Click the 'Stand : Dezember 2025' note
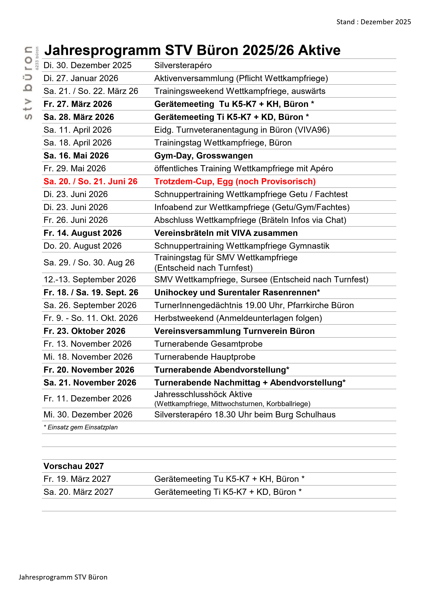(373, 22)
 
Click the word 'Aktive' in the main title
(319, 50)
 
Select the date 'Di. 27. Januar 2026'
(81, 78)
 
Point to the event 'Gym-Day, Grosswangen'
(203, 156)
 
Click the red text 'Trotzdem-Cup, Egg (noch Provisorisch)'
(235, 182)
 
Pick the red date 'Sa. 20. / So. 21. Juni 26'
(90, 182)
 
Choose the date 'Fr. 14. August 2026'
(83, 233)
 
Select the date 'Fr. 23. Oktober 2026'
(84, 331)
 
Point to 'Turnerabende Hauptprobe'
(205, 357)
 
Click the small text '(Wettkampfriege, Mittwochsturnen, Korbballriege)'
(232, 404)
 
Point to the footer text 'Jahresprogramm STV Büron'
(63, 577)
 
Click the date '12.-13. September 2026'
(90, 280)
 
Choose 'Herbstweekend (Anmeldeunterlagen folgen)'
(238, 318)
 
